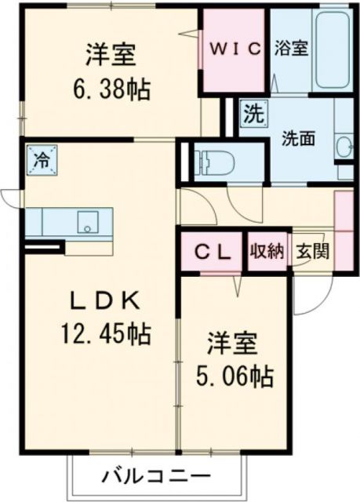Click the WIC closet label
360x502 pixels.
(234, 49)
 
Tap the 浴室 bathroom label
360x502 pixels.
(291, 48)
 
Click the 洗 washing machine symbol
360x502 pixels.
(252, 112)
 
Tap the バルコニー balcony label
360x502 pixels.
(155, 475)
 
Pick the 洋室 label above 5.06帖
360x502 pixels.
(233, 346)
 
